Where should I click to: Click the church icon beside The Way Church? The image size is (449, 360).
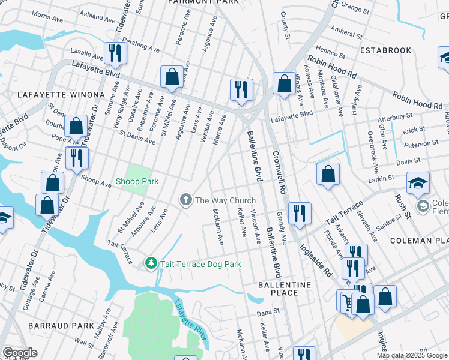click(x=186, y=200)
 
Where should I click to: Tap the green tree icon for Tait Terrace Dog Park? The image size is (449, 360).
click(x=151, y=263)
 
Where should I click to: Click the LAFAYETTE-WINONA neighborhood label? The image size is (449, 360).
click(x=51, y=95)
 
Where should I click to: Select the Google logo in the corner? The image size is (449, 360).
click(x=20, y=353)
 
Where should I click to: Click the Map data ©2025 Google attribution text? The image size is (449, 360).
click(x=412, y=355)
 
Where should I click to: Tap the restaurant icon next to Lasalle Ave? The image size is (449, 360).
click(x=114, y=53)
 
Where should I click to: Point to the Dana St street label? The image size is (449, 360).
click(x=268, y=313)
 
